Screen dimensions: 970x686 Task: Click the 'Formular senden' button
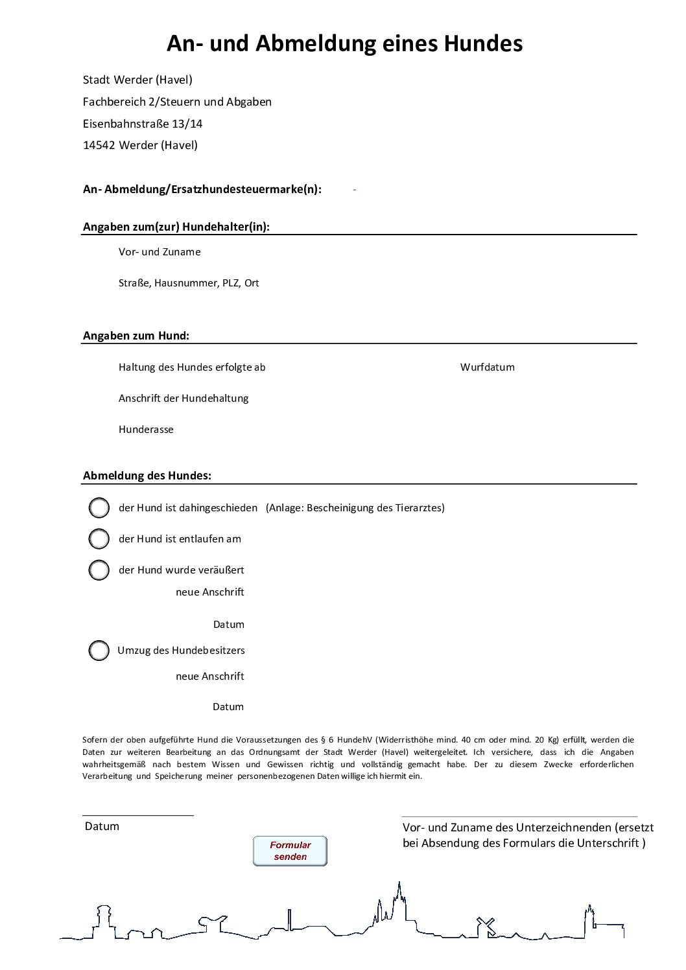[290, 851]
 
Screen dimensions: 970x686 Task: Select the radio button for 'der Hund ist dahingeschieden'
[99, 508]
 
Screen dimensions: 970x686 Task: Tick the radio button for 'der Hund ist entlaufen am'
[99, 538]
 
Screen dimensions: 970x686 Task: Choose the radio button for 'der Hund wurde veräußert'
[99, 570]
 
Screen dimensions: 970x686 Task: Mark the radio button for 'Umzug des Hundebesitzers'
[99, 651]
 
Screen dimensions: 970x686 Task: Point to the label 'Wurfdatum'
[487, 367]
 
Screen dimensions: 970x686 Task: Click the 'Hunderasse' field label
[146, 430]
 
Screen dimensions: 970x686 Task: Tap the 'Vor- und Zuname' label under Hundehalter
[160, 252]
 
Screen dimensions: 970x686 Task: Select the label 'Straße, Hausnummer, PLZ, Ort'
[189, 283]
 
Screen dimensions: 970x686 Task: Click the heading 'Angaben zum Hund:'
[136, 336]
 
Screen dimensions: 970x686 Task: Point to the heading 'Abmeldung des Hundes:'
[147, 476]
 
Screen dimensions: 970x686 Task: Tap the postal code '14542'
[99, 145]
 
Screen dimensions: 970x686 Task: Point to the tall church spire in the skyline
[399, 897]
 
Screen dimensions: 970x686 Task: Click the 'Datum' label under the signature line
[102, 827]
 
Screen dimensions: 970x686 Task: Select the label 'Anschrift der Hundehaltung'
[183, 398]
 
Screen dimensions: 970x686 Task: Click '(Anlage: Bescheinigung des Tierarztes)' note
[355, 508]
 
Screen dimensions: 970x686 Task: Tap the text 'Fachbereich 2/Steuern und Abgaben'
[177, 102]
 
